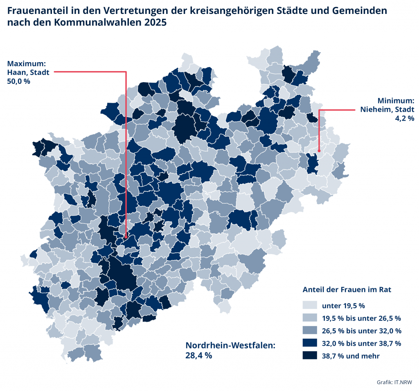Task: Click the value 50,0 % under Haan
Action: click(x=18, y=81)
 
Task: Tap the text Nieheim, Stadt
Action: click(x=387, y=109)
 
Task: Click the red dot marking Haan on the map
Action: click(x=126, y=237)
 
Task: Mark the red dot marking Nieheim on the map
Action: click(x=318, y=151)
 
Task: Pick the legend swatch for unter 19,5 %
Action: click(x=310, y=306)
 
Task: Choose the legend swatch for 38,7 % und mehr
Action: click(x=310, y=356)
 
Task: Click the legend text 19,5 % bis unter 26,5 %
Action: click(x=361, y=318)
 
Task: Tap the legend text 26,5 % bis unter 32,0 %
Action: click(x=361, y=330)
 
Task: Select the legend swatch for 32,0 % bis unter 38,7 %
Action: click(x=310, y=343)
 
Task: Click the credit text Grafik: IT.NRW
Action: click(x=394, y=382)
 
